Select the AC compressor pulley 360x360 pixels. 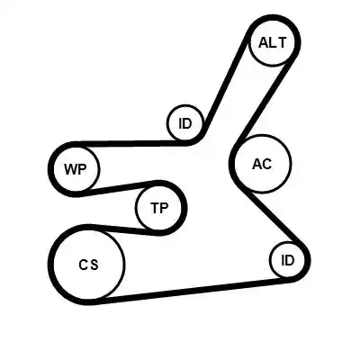[263, 164]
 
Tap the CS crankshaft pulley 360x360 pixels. [88, 265]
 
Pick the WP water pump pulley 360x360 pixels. [76, 168]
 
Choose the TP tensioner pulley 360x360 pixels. [159, 208]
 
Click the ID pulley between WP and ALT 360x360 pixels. [185, 123]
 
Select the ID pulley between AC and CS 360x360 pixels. [287, 260]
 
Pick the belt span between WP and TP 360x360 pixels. [119, 188]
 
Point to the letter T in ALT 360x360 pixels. [283, 42]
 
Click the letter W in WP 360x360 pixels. [71, 169]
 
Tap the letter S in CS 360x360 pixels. [94, 265]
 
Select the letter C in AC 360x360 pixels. [266, 164]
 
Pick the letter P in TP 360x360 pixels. [165, 208]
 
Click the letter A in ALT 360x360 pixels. [264, 42]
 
